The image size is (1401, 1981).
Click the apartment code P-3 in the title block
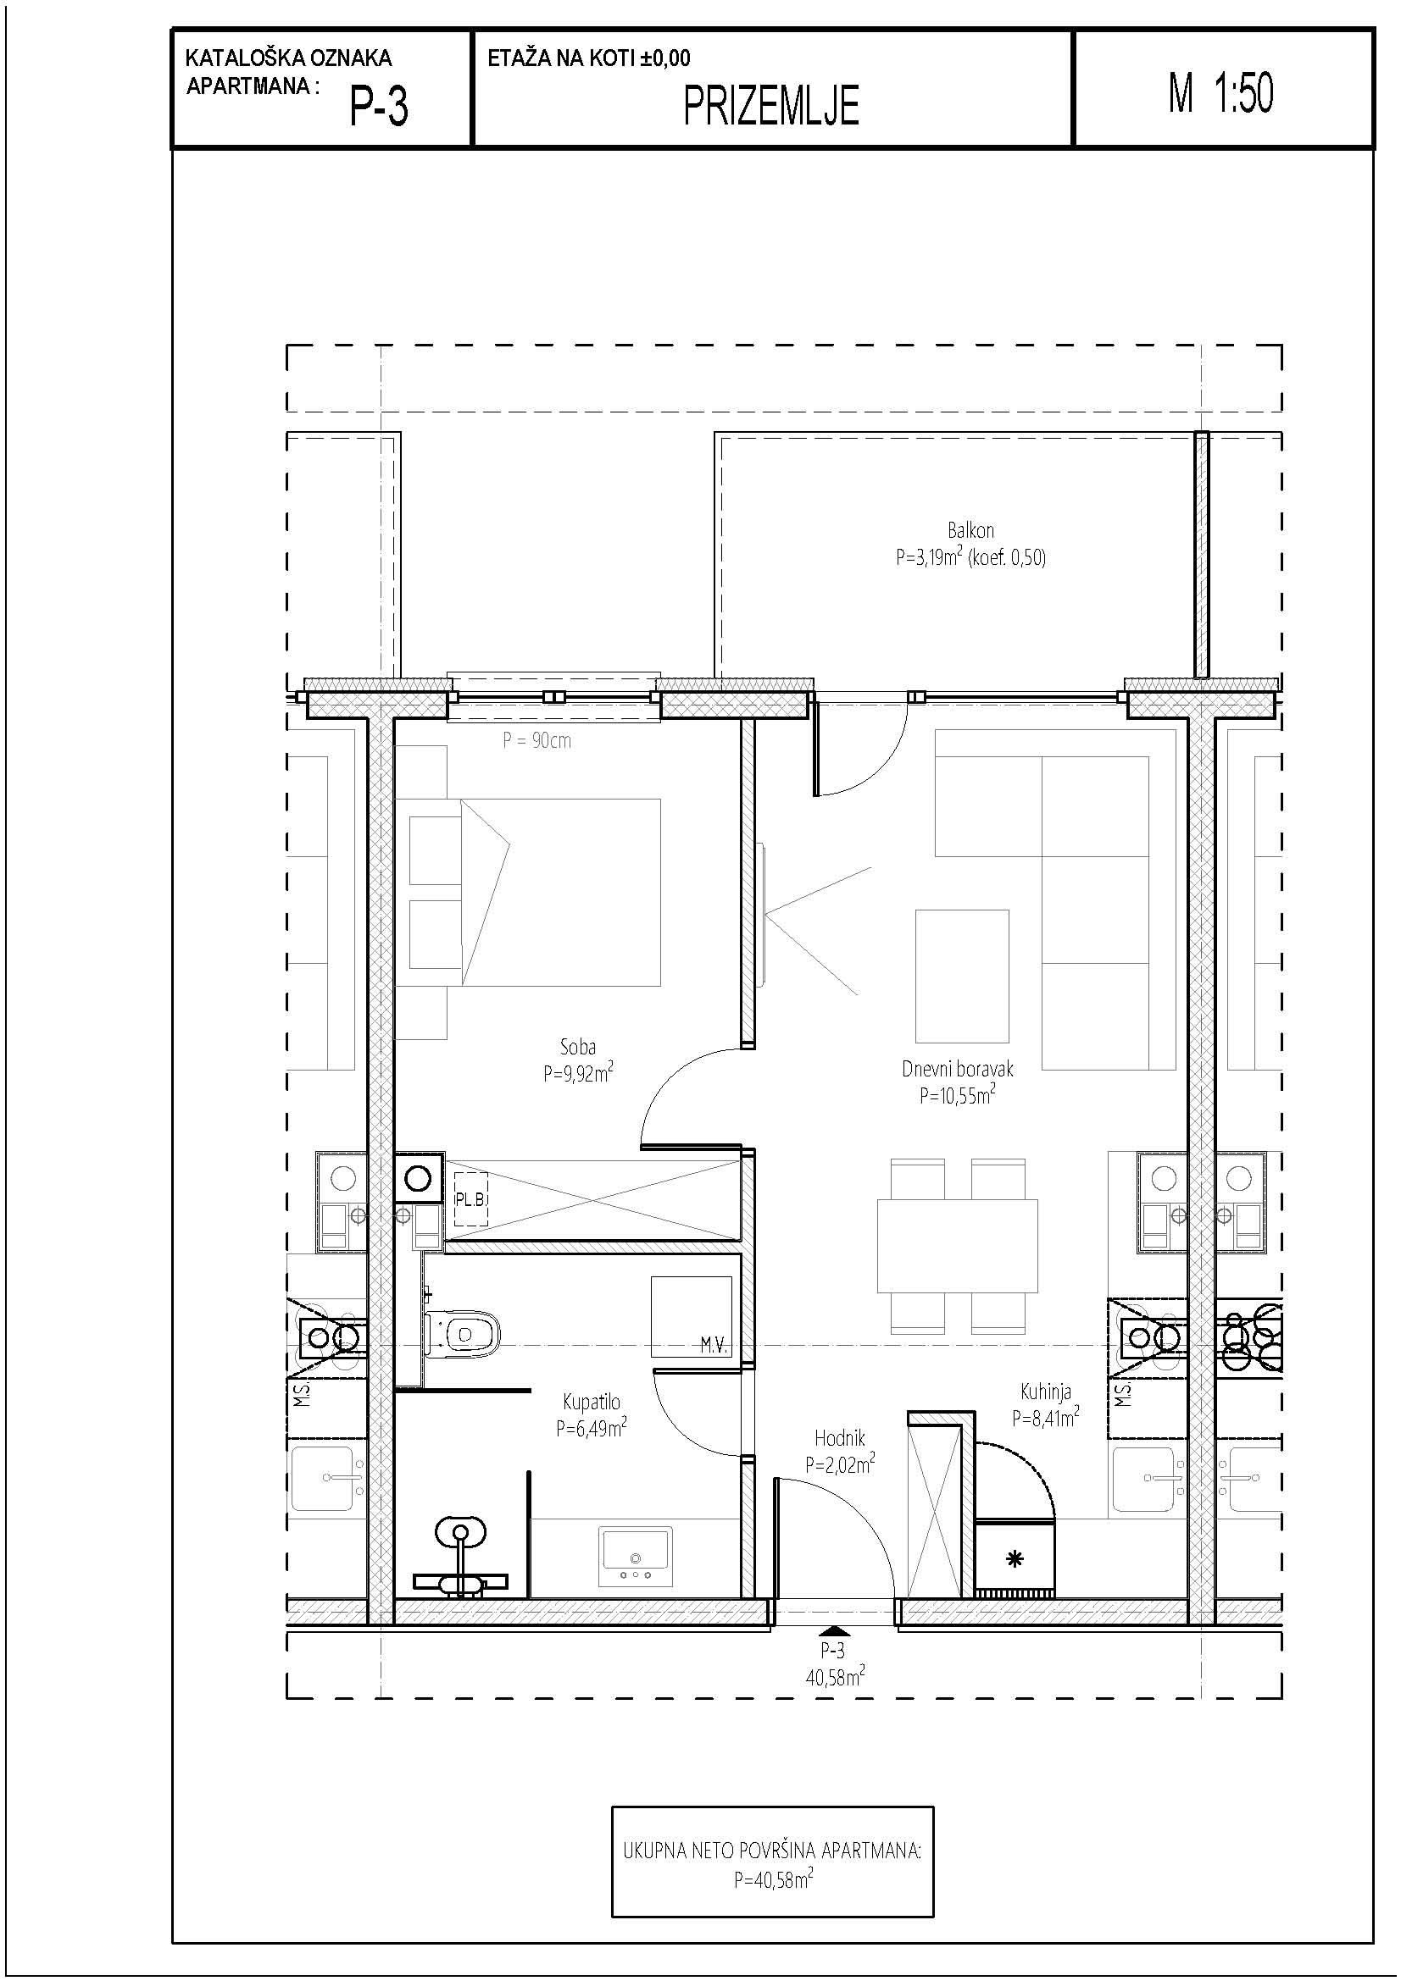378,108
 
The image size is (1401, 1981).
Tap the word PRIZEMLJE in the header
771,107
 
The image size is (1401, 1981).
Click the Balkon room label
970,531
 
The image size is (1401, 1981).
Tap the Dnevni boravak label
957,1069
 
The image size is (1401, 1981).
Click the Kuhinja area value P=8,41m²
1045,1416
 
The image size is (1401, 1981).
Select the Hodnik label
840,1438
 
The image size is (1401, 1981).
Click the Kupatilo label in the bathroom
592,1402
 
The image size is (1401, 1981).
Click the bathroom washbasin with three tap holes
637,1558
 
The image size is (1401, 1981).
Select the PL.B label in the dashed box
470,1199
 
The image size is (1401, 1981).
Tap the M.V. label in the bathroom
714,1345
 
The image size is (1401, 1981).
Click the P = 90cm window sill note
536,740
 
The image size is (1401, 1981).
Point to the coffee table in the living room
963,976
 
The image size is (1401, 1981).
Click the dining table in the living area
957,1244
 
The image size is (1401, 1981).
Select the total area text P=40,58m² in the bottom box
774,1879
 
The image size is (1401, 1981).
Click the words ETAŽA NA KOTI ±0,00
589,58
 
